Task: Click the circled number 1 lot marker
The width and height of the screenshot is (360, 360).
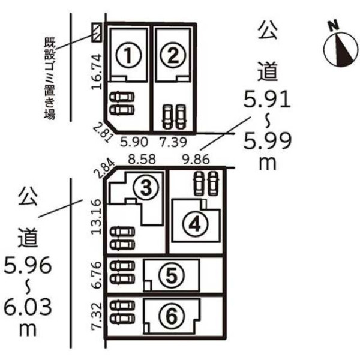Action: (128, 55)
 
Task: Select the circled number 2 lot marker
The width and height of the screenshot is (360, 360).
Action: (173, 55)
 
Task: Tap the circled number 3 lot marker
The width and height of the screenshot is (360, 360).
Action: (146, 187)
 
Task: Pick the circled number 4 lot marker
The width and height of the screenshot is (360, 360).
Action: (196, 224)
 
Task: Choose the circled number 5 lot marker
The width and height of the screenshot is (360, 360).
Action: (171, 276)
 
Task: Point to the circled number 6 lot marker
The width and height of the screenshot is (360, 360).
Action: (171, 317)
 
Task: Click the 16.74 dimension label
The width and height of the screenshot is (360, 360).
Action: (97, 71)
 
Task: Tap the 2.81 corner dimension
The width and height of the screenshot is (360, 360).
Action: (103, 133)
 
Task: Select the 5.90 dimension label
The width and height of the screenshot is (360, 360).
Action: (134, 142)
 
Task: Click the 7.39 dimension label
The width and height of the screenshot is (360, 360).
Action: (173, 142)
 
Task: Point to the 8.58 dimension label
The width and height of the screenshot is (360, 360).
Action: (142, 159)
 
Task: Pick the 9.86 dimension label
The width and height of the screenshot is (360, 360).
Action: (196, 159)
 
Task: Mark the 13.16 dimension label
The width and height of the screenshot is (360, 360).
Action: (96, 217)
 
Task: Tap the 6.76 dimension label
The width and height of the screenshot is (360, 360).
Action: (96, 275)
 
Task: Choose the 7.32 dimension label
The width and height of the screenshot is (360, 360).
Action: (96, 316)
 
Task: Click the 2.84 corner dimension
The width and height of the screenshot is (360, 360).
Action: (106, 169)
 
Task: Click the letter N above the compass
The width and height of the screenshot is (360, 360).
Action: (334, 25)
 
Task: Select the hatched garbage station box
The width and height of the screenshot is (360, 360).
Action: (96, 32)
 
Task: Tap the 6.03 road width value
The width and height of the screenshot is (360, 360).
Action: (28, 307)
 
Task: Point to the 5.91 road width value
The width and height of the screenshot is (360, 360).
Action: (267, 100)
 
